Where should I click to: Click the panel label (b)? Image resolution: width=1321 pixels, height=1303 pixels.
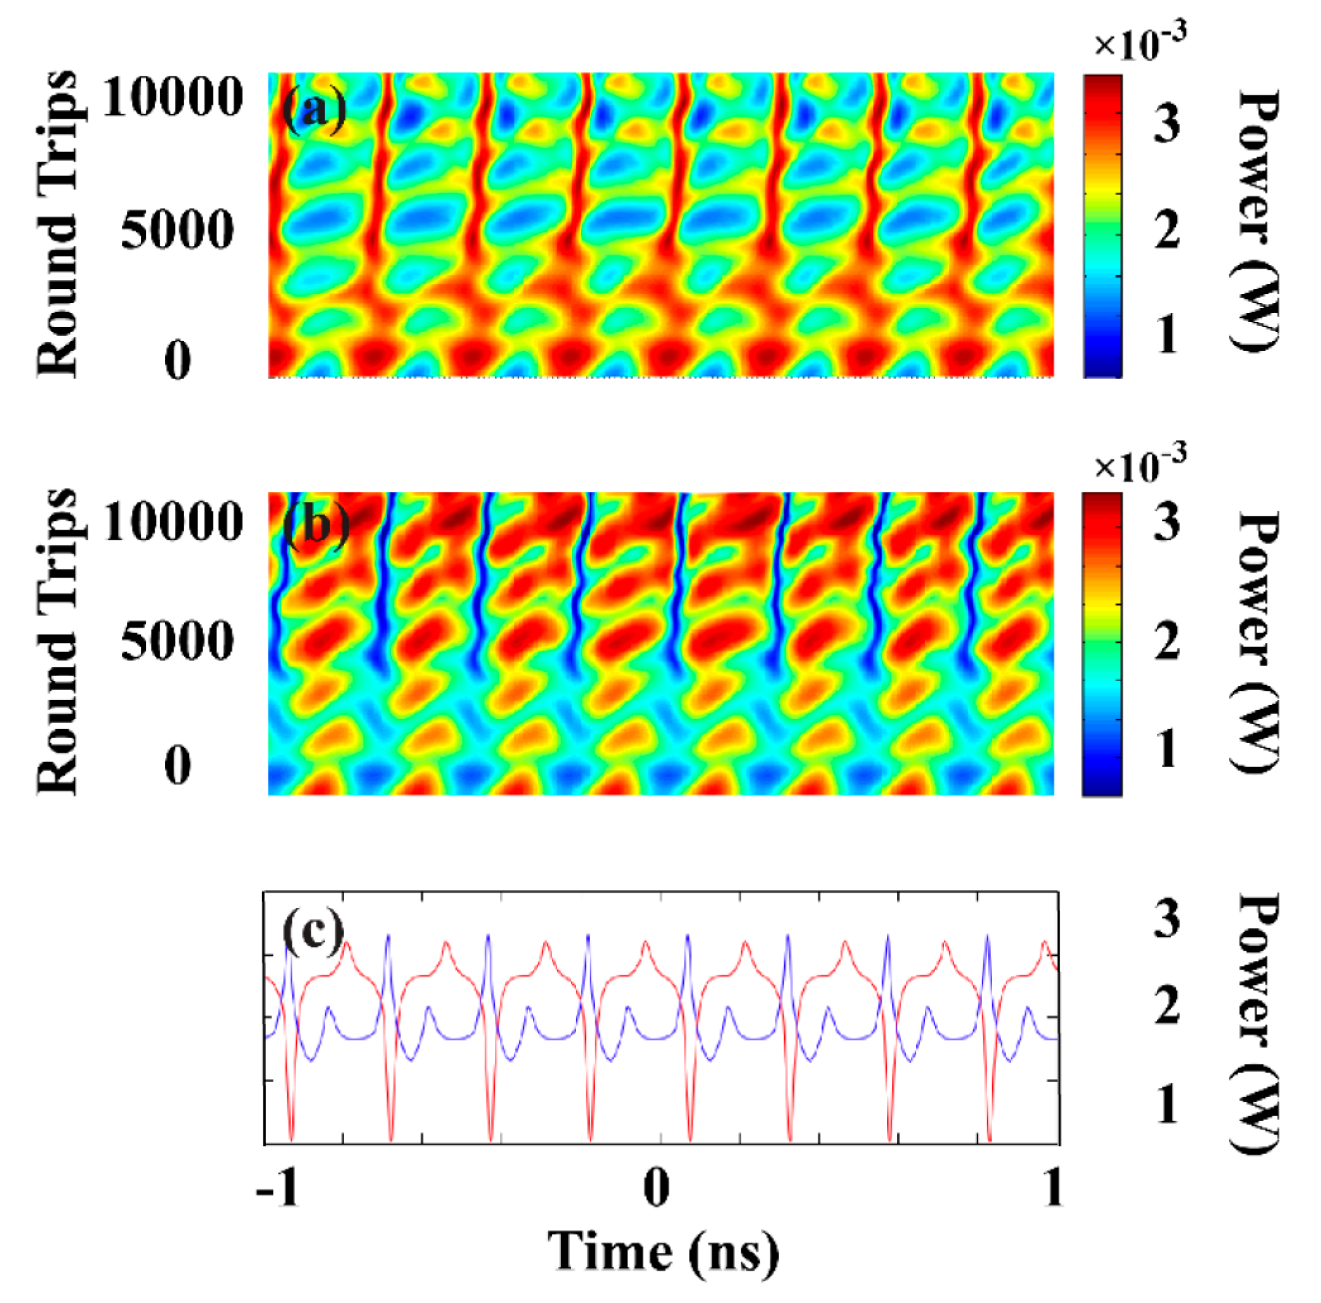click(316, 526)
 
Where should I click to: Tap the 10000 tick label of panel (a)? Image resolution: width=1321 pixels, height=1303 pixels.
click(172, 97)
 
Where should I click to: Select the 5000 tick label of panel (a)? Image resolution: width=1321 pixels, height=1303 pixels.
click(177, 230)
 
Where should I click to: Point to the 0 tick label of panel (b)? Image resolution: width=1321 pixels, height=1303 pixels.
click(177, 765)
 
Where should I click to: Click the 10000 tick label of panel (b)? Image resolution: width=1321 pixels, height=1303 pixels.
click(172, 521)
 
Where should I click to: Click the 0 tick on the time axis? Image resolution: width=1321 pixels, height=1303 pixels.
click(657, 1188)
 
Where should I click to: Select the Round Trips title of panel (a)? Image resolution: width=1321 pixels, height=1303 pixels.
click(57, 223)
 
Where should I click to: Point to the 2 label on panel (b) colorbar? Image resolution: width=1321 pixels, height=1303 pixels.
click(1167, 642)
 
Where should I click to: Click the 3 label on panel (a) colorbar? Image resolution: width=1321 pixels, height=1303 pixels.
click(1167, 124)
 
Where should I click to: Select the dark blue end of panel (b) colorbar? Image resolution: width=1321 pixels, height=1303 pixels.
click(1101, 786)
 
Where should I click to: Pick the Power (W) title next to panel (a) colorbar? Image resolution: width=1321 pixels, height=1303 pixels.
click(1257, 223)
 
